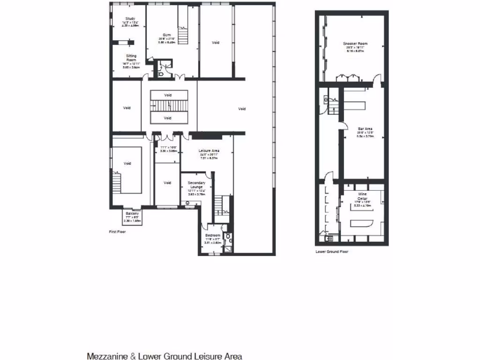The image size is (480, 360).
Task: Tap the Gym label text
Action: pyautogui.click(x=166, y=35)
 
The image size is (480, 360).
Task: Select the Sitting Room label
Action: pyautogui.click(x=131, y=58)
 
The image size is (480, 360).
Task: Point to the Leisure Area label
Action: pyautogui.click(x=210, y=150)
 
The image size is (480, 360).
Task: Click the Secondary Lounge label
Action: pyautogui.click(x=196, y=185)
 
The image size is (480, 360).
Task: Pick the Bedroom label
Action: pyautogui.click(x=212, y=235)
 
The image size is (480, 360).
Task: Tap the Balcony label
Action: pyautogui.click(x=132, y=213)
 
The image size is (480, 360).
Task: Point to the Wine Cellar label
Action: pyautogui.click(x=362, y=196)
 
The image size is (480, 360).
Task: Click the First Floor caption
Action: pyautogui.click(x=117, y=232)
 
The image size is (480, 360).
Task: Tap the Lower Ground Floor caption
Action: pyautogui.click(x=332, y=251)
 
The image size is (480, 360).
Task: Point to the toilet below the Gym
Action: pyautogui.click(x=161, y=73)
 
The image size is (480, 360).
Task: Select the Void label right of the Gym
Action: pyautogui.click(x=215, y=43)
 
